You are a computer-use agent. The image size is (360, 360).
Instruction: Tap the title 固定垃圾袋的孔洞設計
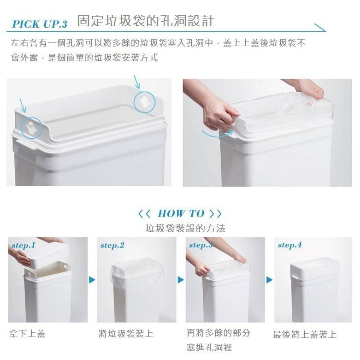145,21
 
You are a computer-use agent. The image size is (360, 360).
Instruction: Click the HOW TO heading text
180,213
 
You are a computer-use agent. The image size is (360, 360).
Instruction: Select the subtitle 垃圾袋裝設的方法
185,228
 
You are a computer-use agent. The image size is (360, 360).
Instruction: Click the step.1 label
24,245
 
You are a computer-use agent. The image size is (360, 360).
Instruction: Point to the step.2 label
112,245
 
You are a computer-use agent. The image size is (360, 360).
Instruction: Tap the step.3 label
201,245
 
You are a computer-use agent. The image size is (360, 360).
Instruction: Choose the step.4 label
289,245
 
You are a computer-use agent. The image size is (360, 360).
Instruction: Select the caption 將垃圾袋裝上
126,334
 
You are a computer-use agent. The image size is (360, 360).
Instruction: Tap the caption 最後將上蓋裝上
305,335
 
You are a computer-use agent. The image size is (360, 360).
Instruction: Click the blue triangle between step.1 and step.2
92,280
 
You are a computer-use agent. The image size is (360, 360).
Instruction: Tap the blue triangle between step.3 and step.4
269,280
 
